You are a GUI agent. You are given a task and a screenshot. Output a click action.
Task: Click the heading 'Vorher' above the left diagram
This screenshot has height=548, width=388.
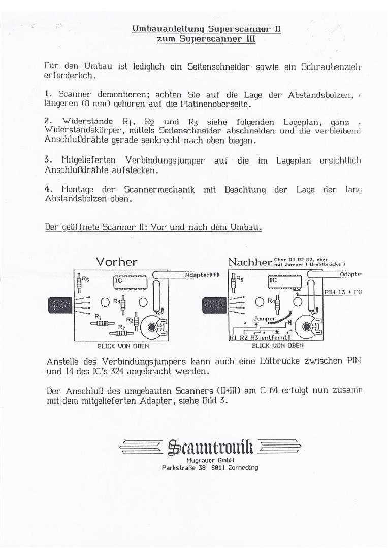click(116, 262)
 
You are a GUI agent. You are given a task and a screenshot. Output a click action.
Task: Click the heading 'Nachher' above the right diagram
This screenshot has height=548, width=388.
click(250, 262)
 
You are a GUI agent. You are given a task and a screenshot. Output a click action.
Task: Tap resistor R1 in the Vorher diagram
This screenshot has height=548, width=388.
click(102, 323)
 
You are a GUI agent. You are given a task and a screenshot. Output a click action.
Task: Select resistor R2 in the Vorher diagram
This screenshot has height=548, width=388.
click(121, 333)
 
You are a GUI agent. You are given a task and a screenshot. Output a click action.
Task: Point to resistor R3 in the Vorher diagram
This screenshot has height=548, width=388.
click(136, 321)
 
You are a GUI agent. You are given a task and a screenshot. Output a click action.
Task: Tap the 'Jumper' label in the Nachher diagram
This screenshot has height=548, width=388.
click(264, 319)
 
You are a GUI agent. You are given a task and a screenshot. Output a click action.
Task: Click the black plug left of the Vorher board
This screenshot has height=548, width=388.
click(59, 306)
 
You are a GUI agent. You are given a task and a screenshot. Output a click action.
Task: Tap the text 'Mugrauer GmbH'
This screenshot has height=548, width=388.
click(210, 460)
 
